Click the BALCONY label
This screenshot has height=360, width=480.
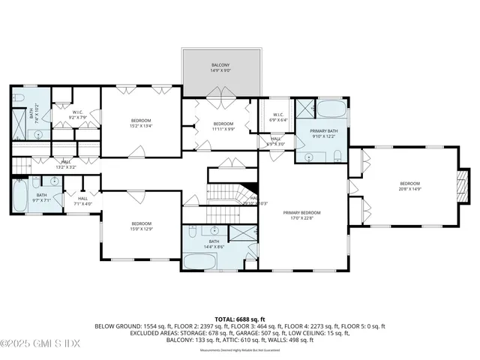point(221,65)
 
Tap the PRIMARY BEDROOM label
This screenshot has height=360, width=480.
point(302,212)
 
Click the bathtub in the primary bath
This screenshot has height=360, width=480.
point(329,111)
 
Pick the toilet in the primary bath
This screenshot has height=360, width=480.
point(337,155)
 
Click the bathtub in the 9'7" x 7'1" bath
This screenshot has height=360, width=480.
point(20,197)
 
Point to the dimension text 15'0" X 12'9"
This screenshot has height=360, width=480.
point(142,229)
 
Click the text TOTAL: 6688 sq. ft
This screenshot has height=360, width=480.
point(239,318)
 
